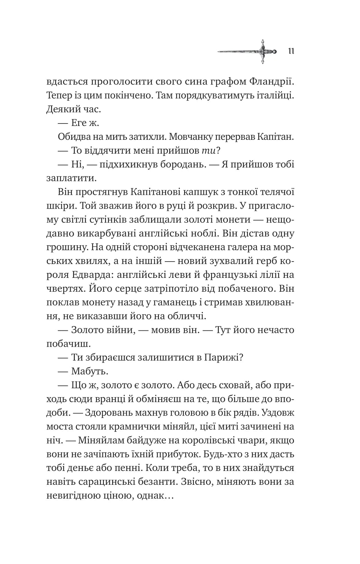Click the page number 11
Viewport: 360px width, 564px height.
[290, 52]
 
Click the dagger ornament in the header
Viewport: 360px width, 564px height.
[248, 52]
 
